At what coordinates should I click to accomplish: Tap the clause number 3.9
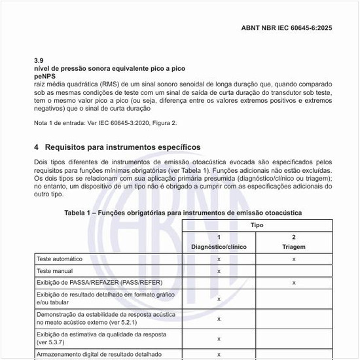pos(38,60)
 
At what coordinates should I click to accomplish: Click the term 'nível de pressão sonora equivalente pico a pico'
pos(110,68)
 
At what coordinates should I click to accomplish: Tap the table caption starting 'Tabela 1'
pos(183,213)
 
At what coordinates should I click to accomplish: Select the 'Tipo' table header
pos(257,225)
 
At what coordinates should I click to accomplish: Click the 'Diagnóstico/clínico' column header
pos(219,247)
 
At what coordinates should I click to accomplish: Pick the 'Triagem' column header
pos(294,247)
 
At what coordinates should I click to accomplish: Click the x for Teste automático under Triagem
pos(294,259)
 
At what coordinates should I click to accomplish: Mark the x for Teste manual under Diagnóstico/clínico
pos(219,271)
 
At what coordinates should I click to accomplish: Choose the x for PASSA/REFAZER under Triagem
pos(294,283)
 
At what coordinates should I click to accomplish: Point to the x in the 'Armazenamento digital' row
pos(219,354)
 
